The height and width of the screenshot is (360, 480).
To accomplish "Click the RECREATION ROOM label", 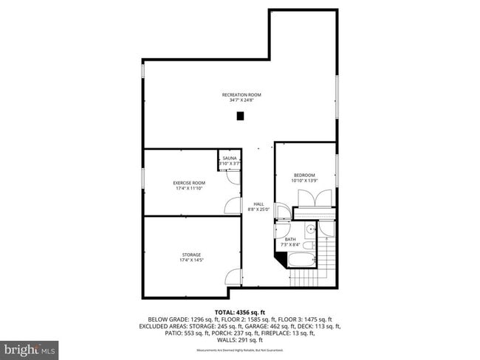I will click(241, 94).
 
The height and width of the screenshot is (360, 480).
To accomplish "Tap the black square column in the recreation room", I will click(240, 116).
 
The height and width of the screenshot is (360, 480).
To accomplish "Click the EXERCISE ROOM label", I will click(189, 182).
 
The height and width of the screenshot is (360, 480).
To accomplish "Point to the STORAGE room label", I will click(191, 255).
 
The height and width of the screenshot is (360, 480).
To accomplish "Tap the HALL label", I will click(258, 204).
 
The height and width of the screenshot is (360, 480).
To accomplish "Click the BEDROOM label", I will click(304, 175).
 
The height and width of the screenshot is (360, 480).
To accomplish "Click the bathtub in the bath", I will click(300, 260).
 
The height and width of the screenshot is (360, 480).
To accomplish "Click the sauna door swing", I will click(233, 177).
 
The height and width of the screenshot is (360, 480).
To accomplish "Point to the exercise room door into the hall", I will click(233, 207).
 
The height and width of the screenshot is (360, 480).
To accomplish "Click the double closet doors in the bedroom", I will click(310, 198).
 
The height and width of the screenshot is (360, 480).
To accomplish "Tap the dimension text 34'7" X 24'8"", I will click(241, 100).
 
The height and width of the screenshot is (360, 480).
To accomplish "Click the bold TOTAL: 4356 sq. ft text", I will click(241, 312).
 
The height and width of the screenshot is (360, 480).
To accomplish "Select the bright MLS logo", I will click(30, 347).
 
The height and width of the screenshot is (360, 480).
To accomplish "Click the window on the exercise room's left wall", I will click(143, 181).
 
